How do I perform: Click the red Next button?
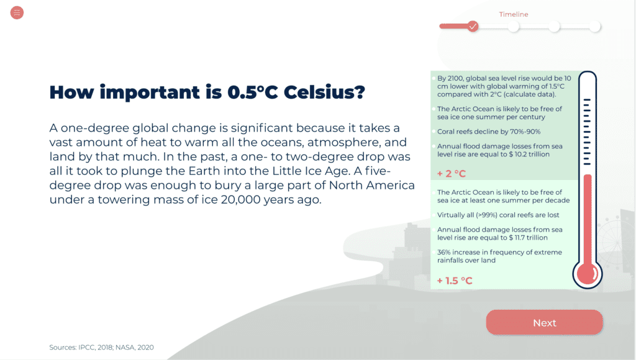point(544,323)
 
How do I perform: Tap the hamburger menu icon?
point(17,12)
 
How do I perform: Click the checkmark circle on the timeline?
point(473,26)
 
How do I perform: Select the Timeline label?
point(514,14)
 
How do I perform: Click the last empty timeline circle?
point(594,27)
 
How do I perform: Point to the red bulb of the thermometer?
point(588,274)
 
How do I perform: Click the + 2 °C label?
point(452,174)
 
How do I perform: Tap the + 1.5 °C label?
point(455,281)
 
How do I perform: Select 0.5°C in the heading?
point(252,92)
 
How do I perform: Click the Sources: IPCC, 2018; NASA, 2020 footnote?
point(101,348)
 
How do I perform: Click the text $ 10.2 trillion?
point(529,154)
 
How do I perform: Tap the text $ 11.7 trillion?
point(528,238)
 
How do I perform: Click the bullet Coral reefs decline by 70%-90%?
point(489,132)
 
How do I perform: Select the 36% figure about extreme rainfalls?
point(444,252)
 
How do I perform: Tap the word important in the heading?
point(150,92)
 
